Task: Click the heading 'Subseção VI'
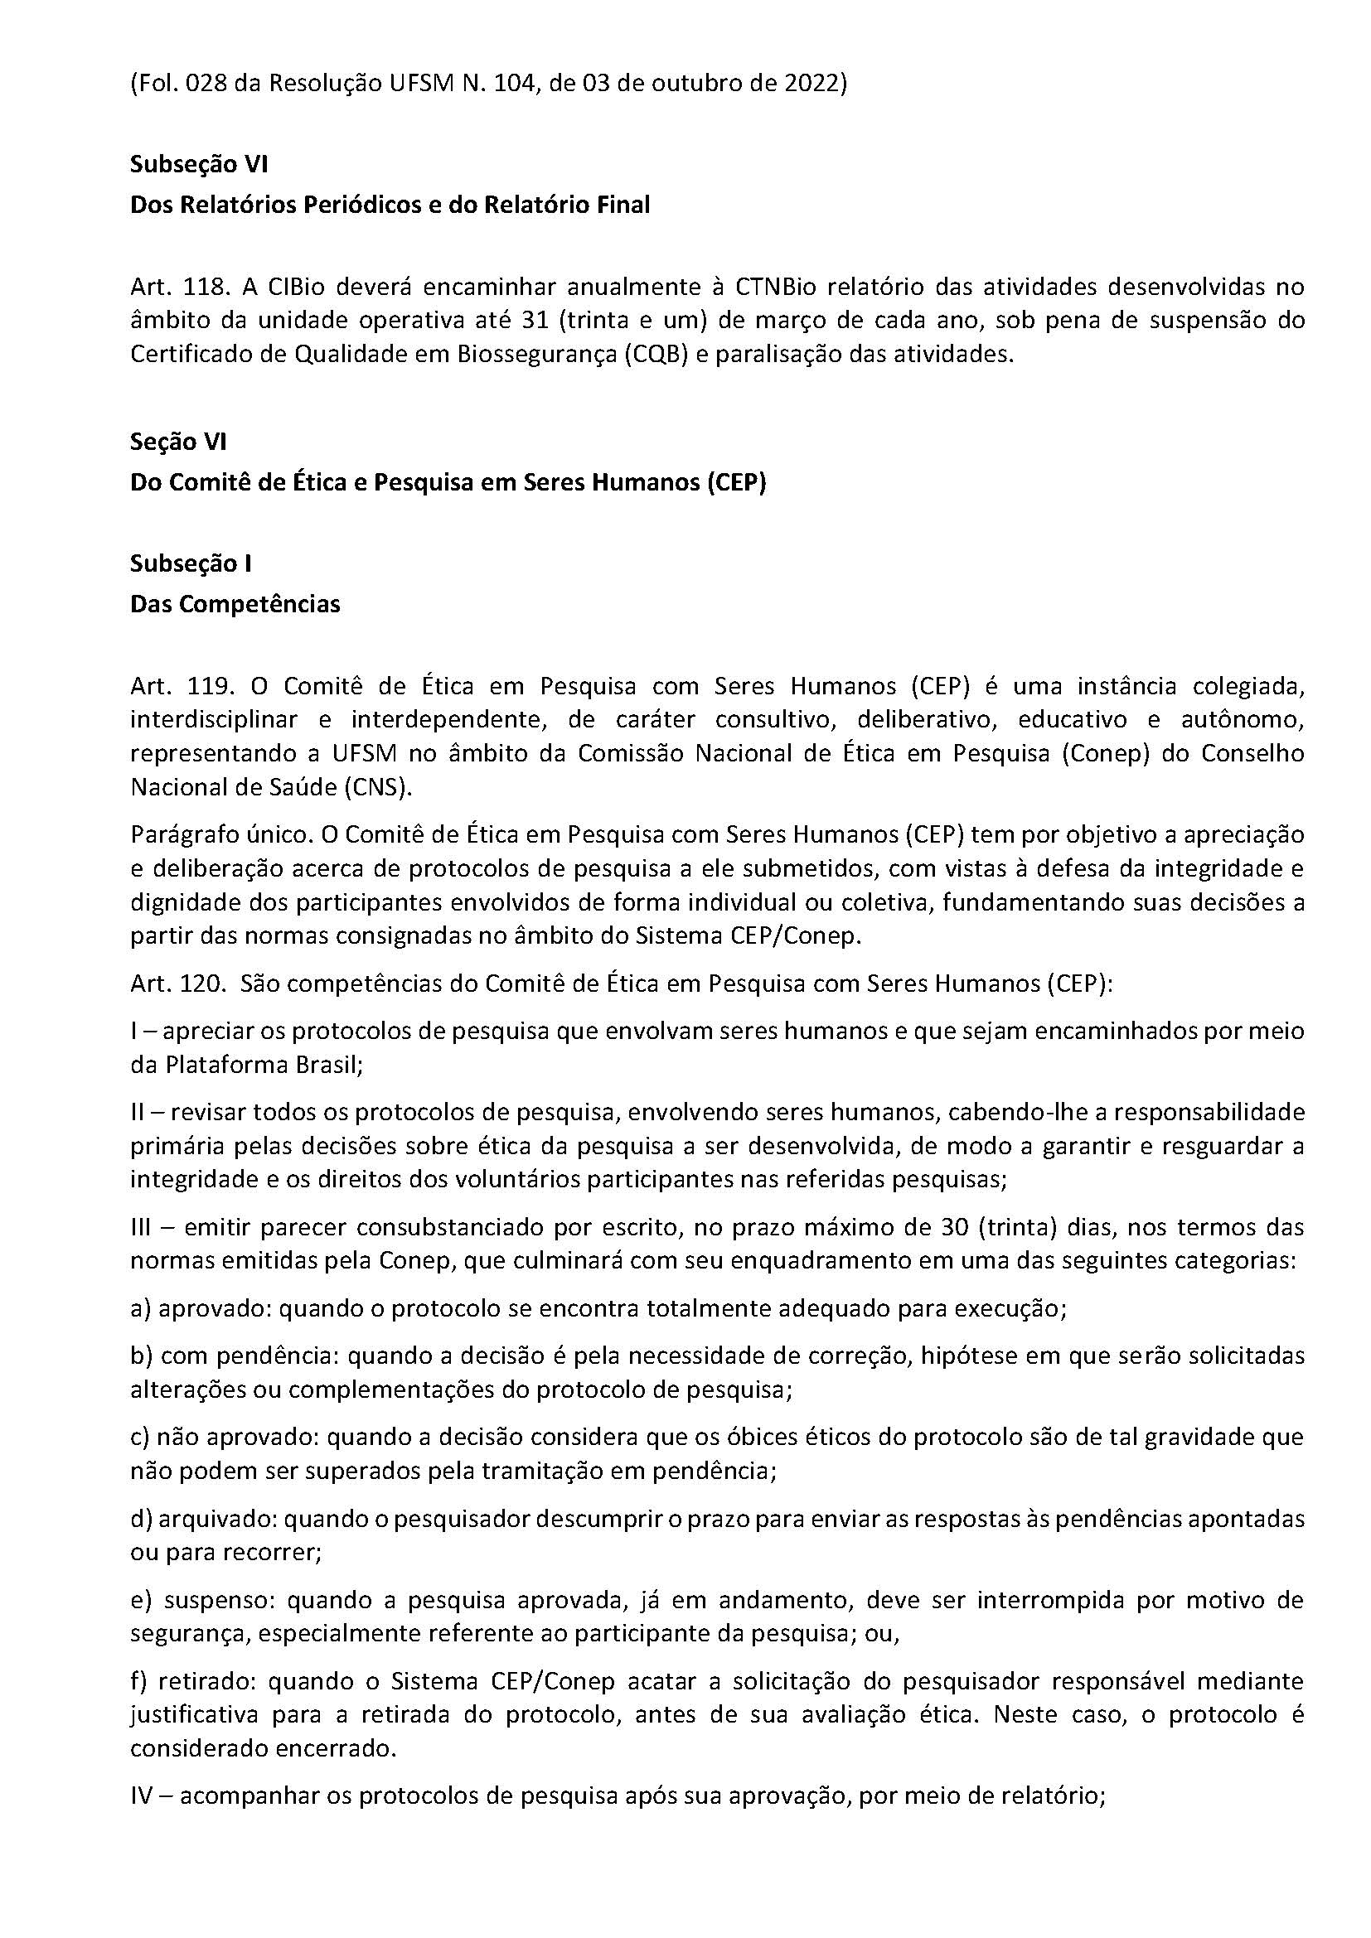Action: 198,164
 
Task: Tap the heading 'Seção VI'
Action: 178,442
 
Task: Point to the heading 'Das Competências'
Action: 235,604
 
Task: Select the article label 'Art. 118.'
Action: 180,287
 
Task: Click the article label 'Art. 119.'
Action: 180,686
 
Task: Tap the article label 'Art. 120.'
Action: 180,984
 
